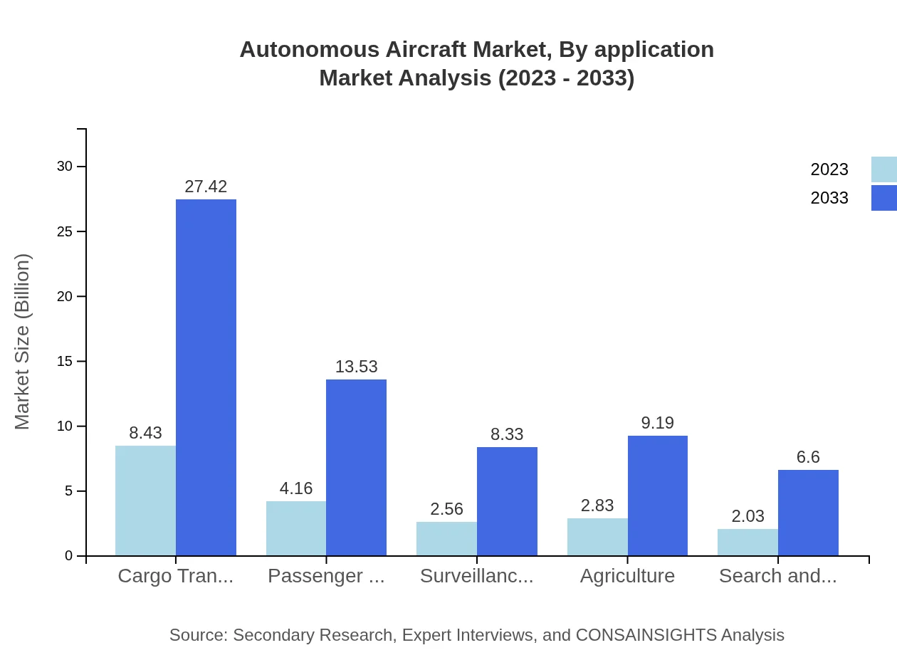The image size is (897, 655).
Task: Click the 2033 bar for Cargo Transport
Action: tap(206, 377)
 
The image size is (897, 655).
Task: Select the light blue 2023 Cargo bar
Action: tap(145, 501)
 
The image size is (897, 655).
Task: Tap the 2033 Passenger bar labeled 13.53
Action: tap(356, 467)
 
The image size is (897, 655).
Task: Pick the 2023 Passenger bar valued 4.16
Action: tap(296, 528)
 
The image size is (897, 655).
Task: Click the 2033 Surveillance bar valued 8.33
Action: tap(507, 501)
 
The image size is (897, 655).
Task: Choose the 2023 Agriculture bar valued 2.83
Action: tap(597, 537)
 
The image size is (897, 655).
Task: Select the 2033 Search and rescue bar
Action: tap(808, 513)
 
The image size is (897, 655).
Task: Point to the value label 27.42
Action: tap(206, 187)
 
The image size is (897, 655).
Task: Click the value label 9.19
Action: tap(657, 423)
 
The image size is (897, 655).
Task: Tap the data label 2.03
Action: tap(747, 516)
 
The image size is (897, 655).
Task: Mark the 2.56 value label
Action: tap(446, 509)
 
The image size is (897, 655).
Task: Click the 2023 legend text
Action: tap(829, 169)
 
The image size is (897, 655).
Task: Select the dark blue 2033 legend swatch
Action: tap(883, 198)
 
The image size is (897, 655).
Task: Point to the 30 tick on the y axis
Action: tap(65, 167)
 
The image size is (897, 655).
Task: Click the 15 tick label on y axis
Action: tap(65, 362)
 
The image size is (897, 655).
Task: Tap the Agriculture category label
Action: tap(627, 576)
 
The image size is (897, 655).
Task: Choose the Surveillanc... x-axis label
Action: tap(476, 576)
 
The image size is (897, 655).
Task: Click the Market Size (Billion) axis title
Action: tap(23, 342)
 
